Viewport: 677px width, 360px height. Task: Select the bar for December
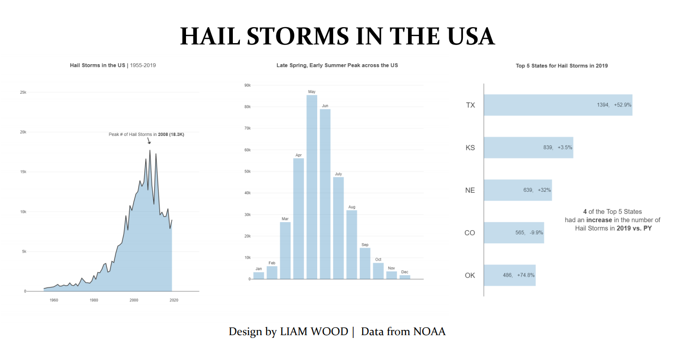coord(405,277)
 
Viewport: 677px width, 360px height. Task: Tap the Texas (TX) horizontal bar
coord(558,105)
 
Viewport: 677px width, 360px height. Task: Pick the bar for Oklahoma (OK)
coord(509,275)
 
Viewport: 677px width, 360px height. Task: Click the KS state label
coord(470,148)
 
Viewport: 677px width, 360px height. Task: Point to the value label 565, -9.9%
coord(529,232)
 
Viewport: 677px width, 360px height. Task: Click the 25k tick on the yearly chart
coord(23,92)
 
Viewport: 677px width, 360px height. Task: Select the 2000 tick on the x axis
coord(134,300)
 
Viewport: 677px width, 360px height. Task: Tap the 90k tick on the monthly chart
coord(247,85)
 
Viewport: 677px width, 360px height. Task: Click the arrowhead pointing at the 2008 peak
coord(149,142)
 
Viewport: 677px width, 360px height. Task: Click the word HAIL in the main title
coord(210,36)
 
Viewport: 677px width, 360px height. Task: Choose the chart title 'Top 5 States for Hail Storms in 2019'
coord(562,66)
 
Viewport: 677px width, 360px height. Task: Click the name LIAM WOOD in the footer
coord(314,331)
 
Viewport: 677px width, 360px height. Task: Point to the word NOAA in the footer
coord(429,331)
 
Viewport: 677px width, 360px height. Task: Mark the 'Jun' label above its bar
coord(325,105)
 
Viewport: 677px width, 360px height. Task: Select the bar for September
coord(365,263)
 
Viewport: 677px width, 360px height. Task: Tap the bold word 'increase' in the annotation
coord(599,220)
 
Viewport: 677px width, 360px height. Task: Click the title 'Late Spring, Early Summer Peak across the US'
coord(337,65)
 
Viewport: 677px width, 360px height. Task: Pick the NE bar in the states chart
coord(518,190)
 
